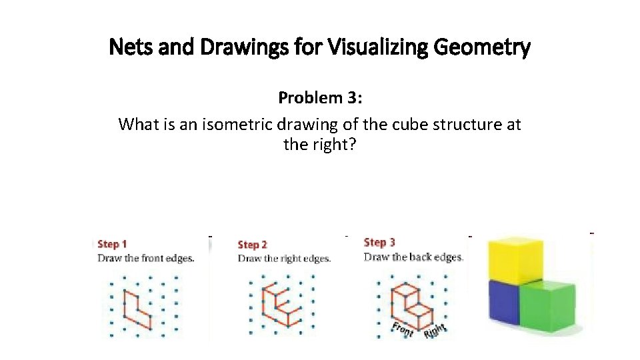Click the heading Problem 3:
[319, 98]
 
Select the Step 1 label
[113, 245]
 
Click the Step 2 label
[253, 245]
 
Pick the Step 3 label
[379, 242]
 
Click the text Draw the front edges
[146, 259]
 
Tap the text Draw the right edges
[284, 259]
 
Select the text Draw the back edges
[413, 257]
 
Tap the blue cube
[505, 303]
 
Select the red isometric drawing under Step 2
[278, 306]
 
